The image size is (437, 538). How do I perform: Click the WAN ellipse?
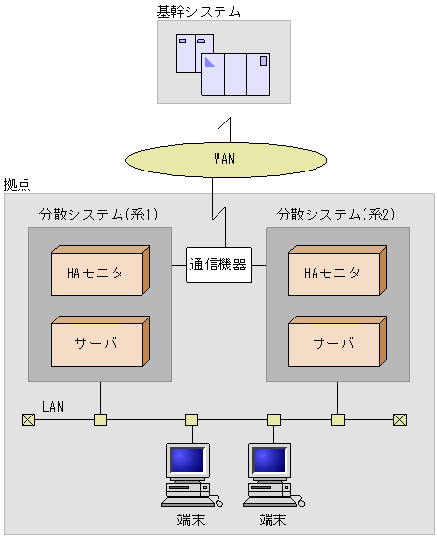[224, 158]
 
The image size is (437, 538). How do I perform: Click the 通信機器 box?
[218, 264]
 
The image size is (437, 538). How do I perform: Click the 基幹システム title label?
[199, 11]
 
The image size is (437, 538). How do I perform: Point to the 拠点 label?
[17, 184]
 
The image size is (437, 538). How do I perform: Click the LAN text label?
[53, 405]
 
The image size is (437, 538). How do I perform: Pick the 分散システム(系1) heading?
[98, 214]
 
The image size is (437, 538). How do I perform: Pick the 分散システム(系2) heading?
[335, 214]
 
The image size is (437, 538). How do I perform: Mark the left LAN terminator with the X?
[27, 420]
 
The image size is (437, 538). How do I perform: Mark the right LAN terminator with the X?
[399, 420]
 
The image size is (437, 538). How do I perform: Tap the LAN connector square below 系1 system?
[100, 420]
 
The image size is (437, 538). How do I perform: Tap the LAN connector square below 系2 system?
[338, 420]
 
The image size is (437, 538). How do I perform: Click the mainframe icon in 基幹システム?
[223, 65]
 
